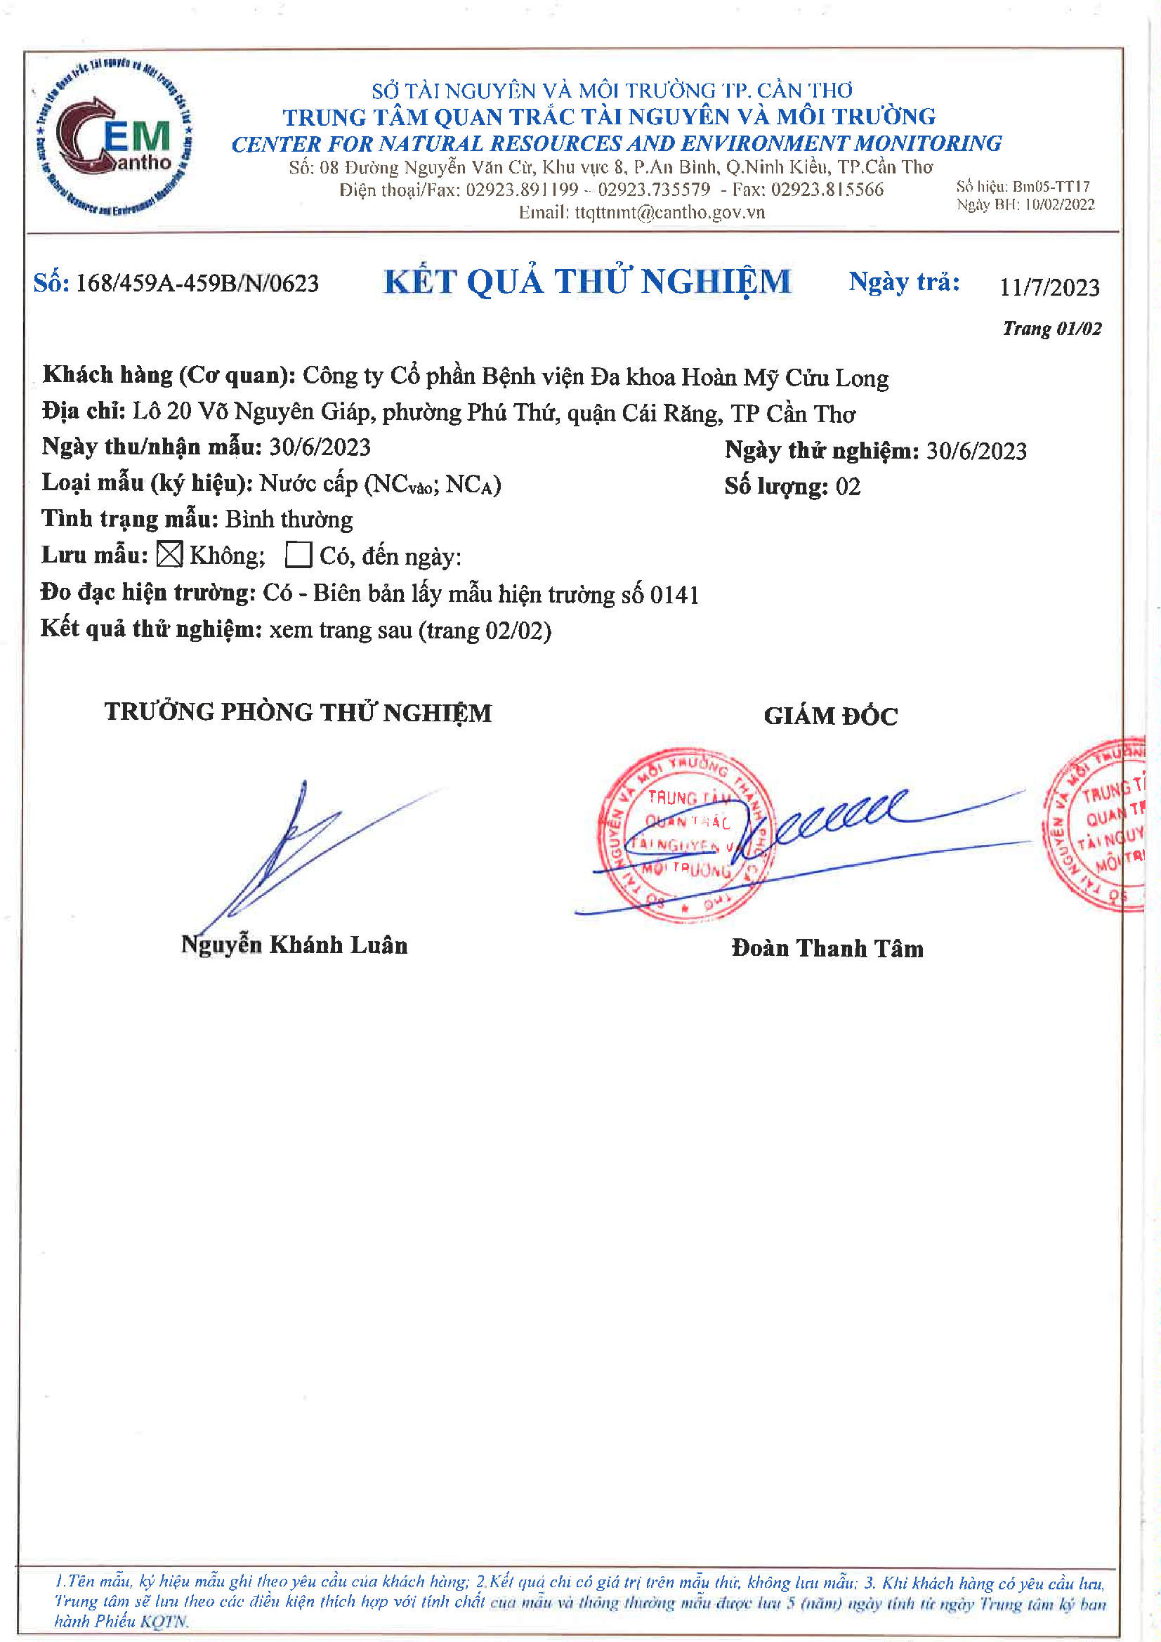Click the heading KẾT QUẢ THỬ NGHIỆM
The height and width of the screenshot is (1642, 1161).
coord(587,282)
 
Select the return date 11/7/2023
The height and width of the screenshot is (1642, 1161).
coord(1049,287)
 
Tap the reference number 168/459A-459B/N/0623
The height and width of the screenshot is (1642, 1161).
coord(197,283)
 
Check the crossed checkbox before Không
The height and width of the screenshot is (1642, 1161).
coord(169,554)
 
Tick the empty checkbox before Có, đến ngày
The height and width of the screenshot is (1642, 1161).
coord(299,554)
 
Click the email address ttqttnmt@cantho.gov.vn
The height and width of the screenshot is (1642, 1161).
coord(669,212)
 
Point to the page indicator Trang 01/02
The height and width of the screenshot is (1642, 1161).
coord(1051,328)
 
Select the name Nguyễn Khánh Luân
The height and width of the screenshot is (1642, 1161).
coord(294,945)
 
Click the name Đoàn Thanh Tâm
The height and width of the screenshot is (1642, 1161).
coord(827,948)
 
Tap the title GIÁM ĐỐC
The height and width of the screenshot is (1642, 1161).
coord(830,716)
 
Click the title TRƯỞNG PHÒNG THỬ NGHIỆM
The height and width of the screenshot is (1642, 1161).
coord(299,712)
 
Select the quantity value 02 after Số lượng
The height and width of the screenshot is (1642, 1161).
coord(848,487)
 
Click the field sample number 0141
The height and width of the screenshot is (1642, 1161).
coord(674,595)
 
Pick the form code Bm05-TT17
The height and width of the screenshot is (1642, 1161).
coord(1051,187)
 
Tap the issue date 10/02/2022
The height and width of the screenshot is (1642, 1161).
coord(1059,204)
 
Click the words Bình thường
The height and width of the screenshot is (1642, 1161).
coord(289,520)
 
